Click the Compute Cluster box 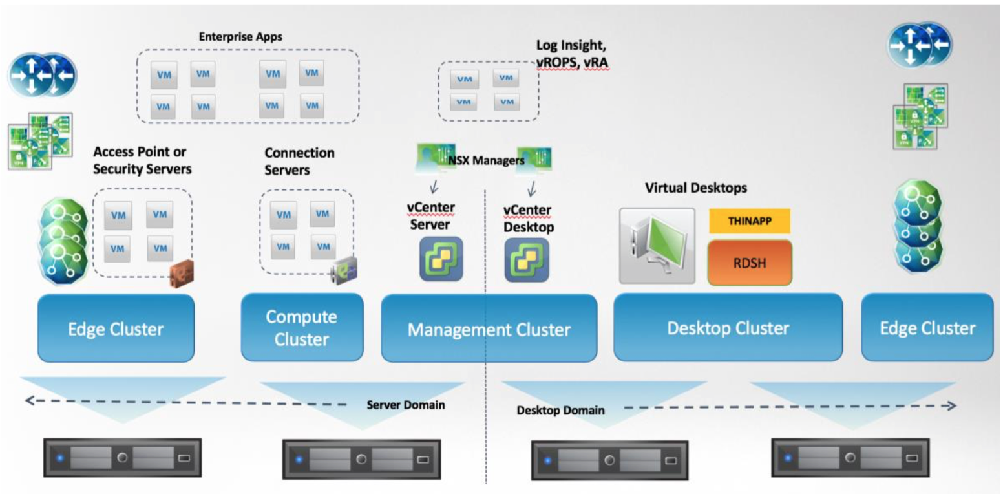[x=302, y=327]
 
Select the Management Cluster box [x=489, y=328]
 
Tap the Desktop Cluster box [x=728, y=327]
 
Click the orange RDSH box [x=750, y=263]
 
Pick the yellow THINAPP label [x=750, y=220]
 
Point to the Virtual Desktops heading [x=696, y=188]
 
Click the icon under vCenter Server [x=441, y=259]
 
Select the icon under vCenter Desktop [x=527, y=259]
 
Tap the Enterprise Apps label [x=240, y=37]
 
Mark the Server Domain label [x=406, y=405]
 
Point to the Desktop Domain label [x=560, y=410]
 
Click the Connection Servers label [x=300, y=162]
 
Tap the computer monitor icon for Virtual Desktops [x=657, y=246]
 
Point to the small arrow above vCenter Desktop [x=533, y=189]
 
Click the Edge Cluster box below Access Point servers [x=116, y=328]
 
